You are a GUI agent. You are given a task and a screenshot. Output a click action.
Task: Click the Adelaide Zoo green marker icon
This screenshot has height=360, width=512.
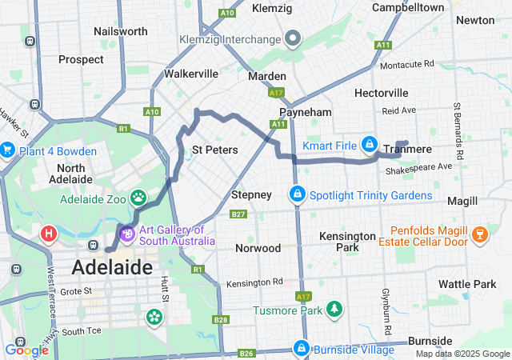point(139,196)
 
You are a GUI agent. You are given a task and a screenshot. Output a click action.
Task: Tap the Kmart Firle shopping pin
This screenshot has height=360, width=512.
point(369,145)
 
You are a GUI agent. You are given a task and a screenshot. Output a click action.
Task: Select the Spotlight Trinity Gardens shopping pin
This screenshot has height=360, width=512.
point(297,194)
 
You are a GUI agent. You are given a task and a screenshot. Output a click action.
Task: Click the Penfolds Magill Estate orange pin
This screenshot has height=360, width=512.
point(479,233)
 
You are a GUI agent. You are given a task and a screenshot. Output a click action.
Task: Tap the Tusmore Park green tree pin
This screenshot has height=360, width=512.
point(332,308)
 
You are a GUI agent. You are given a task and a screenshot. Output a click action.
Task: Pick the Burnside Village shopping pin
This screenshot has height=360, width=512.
point(301,349)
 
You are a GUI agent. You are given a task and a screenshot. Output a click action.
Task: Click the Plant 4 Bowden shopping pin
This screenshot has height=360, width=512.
point(7,150)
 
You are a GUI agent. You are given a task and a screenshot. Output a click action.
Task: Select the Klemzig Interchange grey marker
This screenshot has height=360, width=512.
point(293,38)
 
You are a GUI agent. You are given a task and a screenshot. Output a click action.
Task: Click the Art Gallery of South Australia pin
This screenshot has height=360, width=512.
point(126,234)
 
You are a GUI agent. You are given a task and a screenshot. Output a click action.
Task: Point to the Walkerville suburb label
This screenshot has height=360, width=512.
point(191,74)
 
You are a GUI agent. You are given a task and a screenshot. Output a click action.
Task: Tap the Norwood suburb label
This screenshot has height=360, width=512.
point(258,248)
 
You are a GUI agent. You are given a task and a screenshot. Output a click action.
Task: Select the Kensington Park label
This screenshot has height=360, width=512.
point(346,242)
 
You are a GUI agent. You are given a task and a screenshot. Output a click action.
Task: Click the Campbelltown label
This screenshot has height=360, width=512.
point(408,7)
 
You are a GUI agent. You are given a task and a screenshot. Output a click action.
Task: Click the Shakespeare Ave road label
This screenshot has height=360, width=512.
point(418,166)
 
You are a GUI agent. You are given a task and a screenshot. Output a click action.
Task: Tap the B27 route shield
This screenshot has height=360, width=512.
point(238,214)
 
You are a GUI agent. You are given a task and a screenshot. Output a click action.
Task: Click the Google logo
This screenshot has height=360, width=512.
point(26,349)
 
